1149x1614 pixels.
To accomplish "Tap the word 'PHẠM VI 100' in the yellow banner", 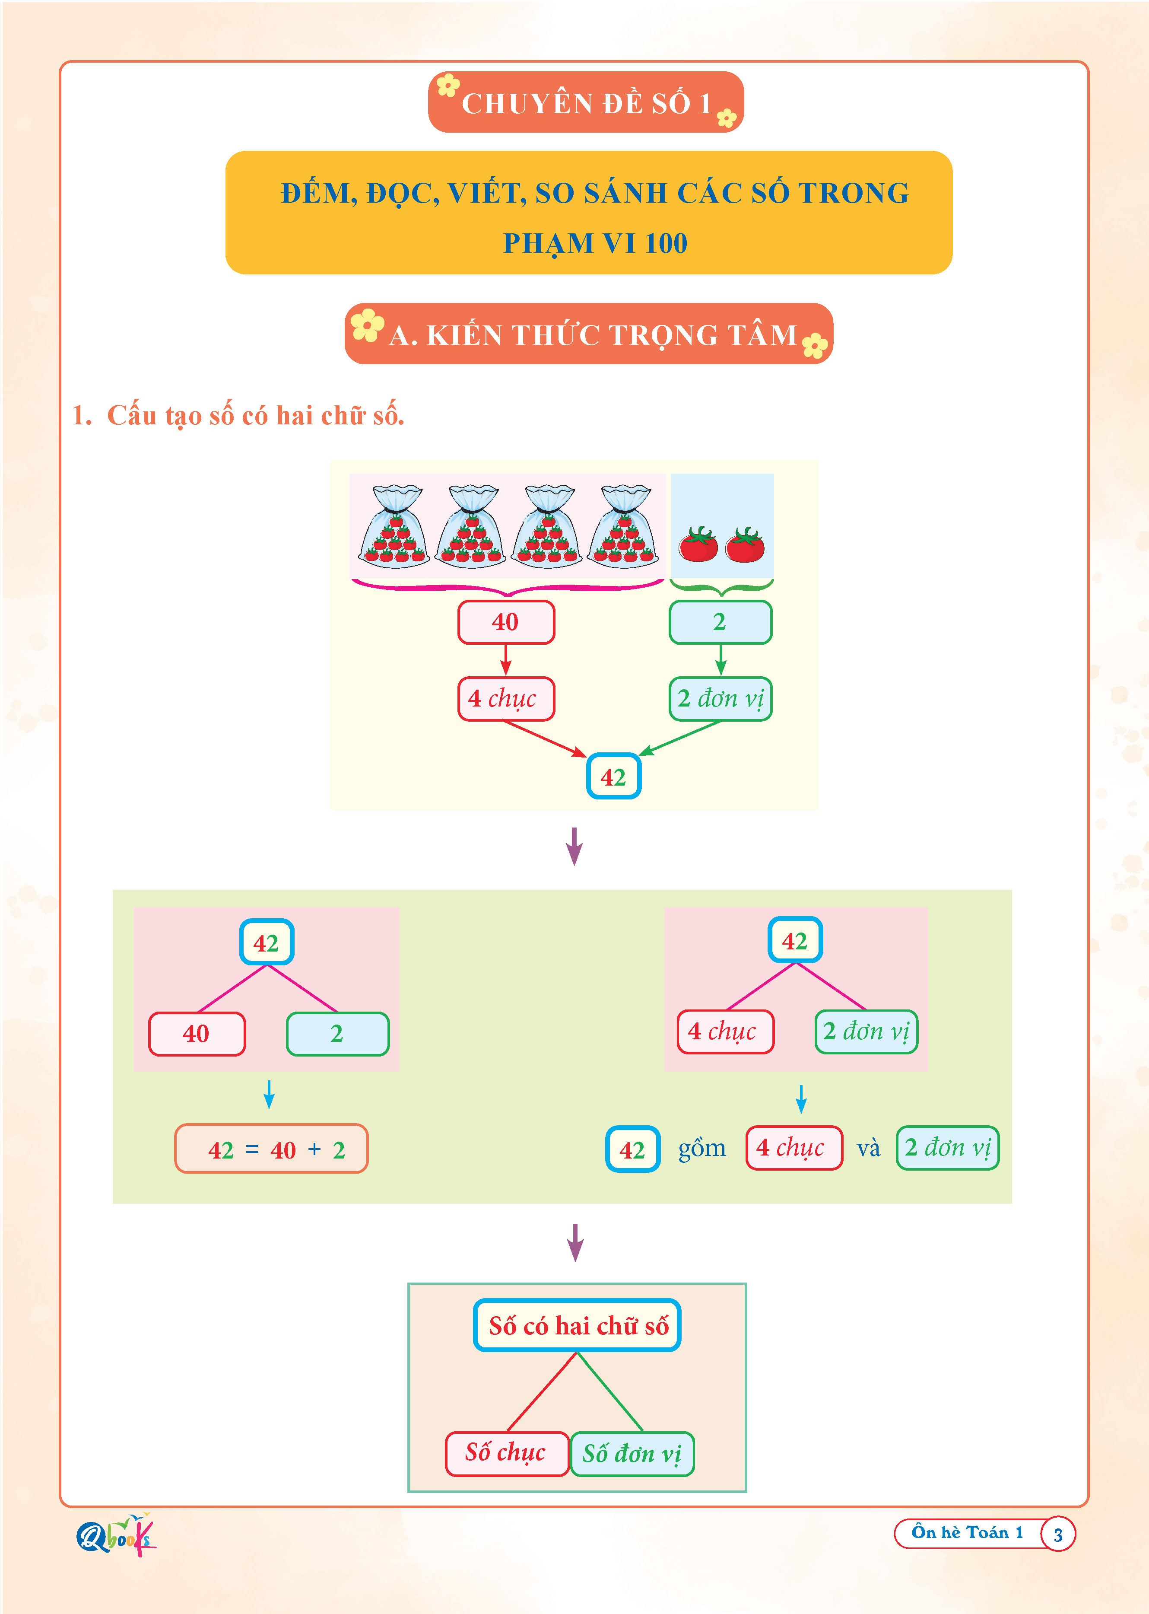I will (x=595, y=243).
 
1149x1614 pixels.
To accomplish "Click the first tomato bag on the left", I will (x=394, y=527).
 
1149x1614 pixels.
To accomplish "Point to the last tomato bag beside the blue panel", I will (x=624, y=527).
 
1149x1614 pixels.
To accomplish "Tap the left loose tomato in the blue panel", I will (x=698, y=545).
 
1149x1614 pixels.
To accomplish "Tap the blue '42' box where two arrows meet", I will (x=613, y=777).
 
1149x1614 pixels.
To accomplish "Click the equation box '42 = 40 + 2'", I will (x=272, y=1149).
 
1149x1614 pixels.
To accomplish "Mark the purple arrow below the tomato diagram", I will (x=574, y=846).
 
